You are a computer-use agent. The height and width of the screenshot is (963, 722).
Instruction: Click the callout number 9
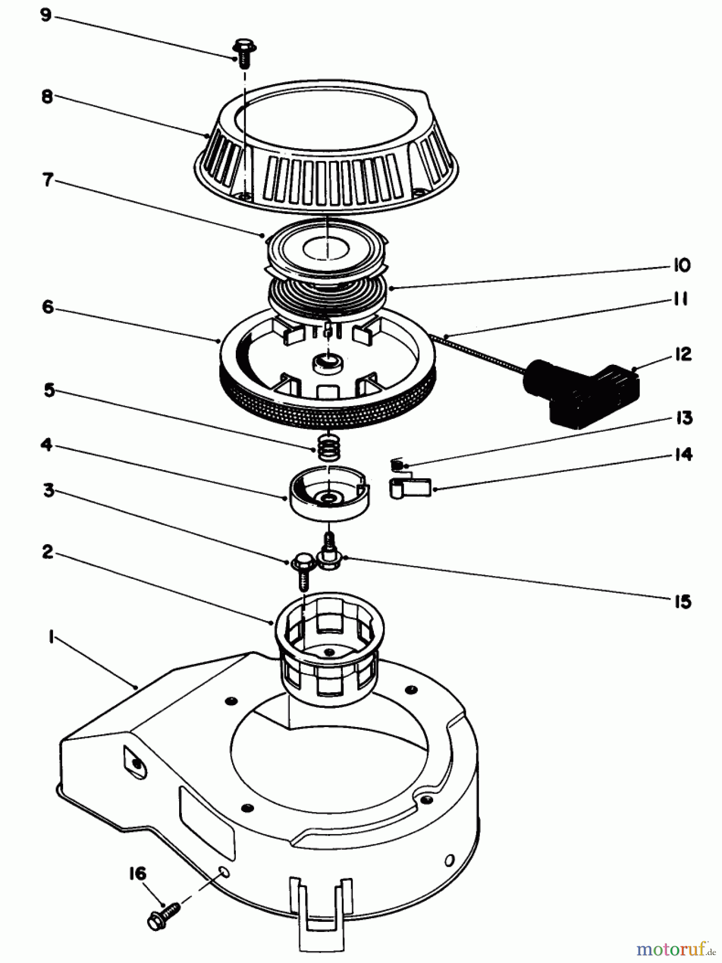click(x=46, y=15)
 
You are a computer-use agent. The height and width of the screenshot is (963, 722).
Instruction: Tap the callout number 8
click(x=47, y=97)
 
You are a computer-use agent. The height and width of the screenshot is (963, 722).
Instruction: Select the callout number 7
click(x=48, y=181)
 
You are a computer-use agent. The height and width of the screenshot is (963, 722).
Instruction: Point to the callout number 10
click(x=681, y=265)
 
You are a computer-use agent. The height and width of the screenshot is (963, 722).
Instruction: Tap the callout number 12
click(x=682, y=355)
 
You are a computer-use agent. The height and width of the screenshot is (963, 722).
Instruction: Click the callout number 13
click(x=682, y=418)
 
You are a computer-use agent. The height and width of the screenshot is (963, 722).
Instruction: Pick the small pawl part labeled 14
click(x=409, y=488)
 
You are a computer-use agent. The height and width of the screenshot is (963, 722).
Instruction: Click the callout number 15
click(x=682, y=601)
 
